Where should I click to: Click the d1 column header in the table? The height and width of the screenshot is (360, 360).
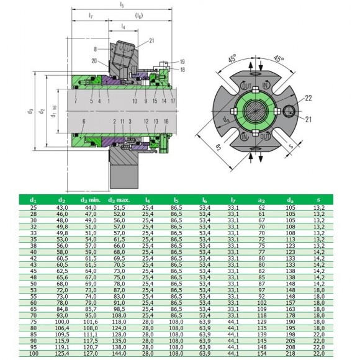(x=34, y=200)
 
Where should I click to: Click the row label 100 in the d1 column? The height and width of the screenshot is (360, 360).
(x=34, y=354)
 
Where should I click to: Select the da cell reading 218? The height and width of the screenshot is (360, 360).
(x=289, y=354)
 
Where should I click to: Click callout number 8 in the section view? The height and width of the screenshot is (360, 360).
(x=95, y=48)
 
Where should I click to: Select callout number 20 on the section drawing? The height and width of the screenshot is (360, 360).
(x=94, y=61)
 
